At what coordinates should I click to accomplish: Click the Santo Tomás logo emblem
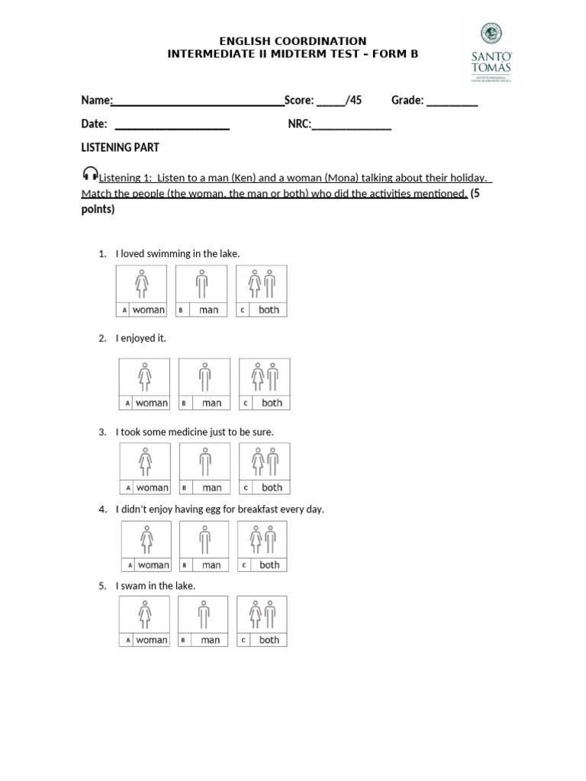(x=491, y=34)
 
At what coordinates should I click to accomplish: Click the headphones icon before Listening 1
(x=89, y=174)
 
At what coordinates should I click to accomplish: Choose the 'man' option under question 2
(x=204, y=384)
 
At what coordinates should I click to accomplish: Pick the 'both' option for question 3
(x=264, y=468)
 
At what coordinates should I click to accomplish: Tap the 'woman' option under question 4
(x=146, y=546)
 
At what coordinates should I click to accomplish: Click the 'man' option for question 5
(x=203, y=621)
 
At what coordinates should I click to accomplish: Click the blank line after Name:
(x=198, y=101)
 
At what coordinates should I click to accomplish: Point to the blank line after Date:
(x=172, y=125)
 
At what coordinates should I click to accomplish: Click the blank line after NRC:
(x=351, y=125)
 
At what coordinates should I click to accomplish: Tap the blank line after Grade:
(x=452, y=101)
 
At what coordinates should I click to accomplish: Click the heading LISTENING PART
(x=120, y=147)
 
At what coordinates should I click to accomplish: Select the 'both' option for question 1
(x=261, y=291)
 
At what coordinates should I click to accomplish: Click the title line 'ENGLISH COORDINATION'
(x=293, y=40)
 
